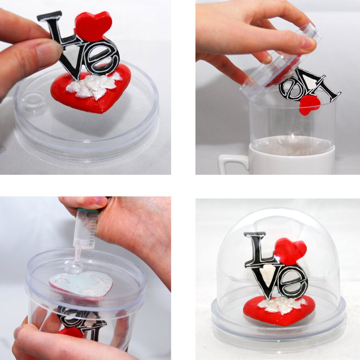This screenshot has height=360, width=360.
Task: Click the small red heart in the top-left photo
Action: coord(93,26)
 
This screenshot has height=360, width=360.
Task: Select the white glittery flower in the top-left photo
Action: coord(92,85)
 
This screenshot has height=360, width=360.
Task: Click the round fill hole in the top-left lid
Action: coord(33,101)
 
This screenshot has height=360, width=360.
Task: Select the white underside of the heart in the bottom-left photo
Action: coord(81,284)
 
